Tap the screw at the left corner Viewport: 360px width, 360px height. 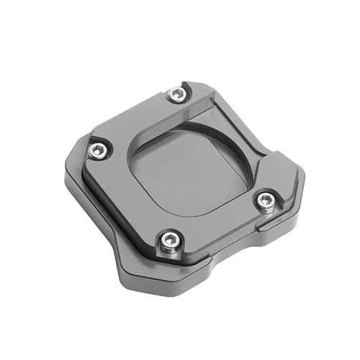[x=98, y=150]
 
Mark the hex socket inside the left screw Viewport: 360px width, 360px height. [x=98, y=150]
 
